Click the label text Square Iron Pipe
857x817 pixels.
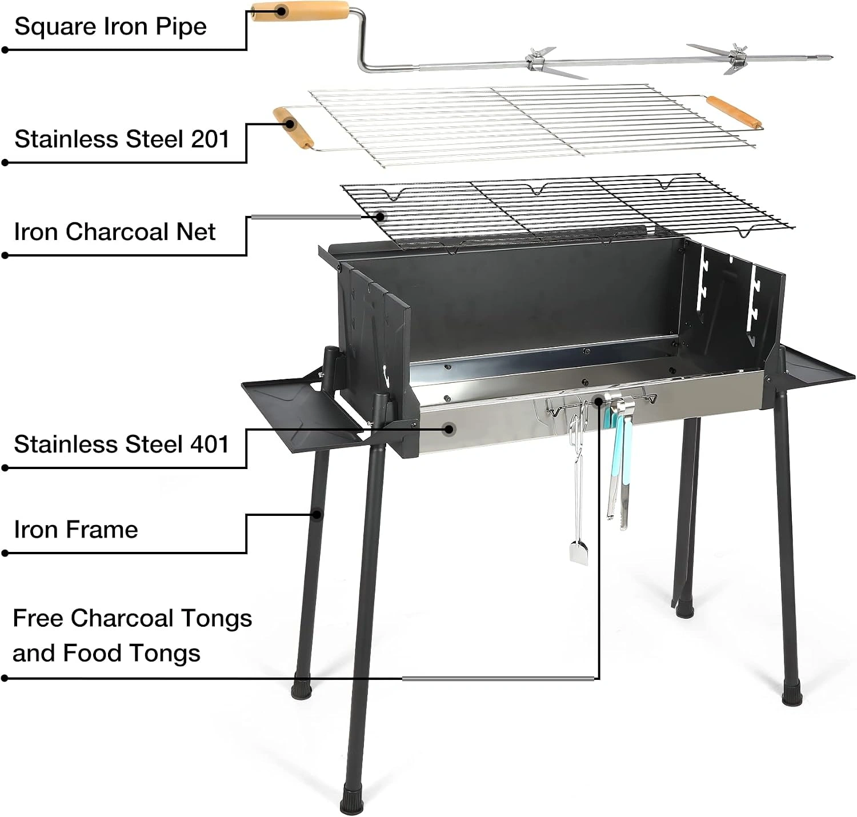[110, 27]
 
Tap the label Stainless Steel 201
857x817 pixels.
[122, 139]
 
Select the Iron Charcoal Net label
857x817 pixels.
[115, 231]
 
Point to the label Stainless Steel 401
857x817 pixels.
[122, 444]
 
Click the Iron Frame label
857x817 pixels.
[76, 529]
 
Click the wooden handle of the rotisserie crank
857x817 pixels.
[301, 11]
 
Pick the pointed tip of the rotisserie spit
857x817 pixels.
[830, 58]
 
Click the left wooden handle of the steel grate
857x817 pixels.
[293, 128]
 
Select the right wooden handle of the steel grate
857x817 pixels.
[734, 113]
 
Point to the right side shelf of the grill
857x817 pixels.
[814, 365]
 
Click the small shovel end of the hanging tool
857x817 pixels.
[578, 552]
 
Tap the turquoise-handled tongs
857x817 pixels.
[620, 462]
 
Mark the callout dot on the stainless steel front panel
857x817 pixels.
[450, 429]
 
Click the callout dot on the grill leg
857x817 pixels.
[318, 514]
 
